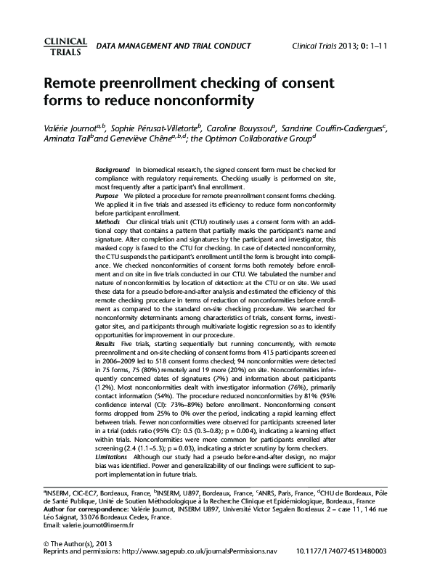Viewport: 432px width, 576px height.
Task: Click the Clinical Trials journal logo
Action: [x=66, y=46]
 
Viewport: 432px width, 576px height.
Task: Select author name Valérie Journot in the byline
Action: [x=73, y=129]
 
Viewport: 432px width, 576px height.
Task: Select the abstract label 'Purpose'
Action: [x=107, y=196]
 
